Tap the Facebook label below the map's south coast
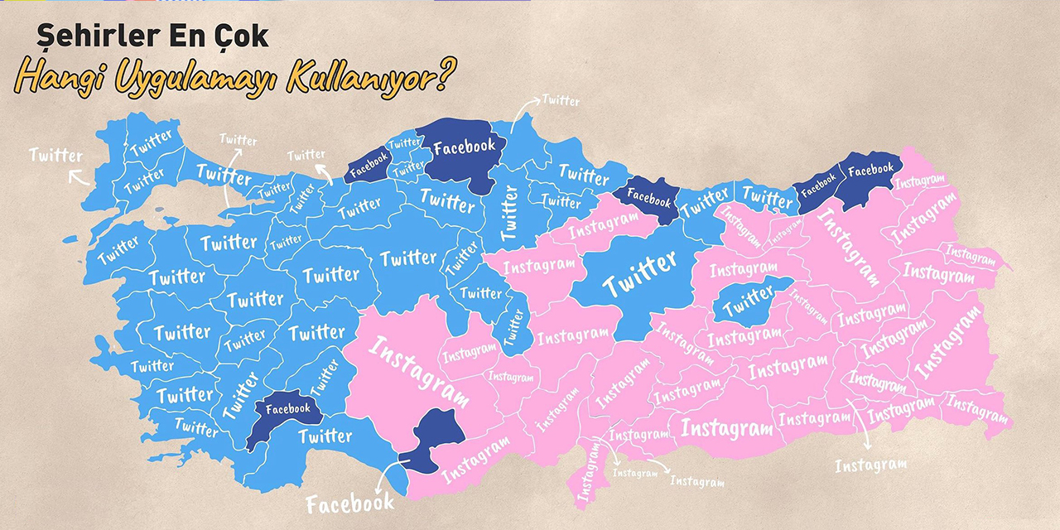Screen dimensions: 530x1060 pyautogui.click(x=349, y=502)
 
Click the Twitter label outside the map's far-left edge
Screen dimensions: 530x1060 pyautogui.click(x=56, y=155)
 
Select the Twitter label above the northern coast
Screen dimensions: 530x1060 pyautogui.click(x=561, y=101)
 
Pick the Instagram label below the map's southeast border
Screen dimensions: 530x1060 pyautogui.click(x=870, y=465)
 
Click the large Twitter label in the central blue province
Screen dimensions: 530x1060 pyautogui.click(x=639, y=276)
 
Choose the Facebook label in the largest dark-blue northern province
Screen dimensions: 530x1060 pyautogui.click(x=464, y=147)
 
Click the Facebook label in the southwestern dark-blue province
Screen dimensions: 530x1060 pyautogui.click(x=288, y=408)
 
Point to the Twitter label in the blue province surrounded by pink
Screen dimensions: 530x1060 pyautogui.click(x=748, y=301)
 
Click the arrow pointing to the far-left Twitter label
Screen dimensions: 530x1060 pyautogui.click(x=79, y=176)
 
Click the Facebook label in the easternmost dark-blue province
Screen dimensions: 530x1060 pyautogui.click(x=871, y=170)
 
